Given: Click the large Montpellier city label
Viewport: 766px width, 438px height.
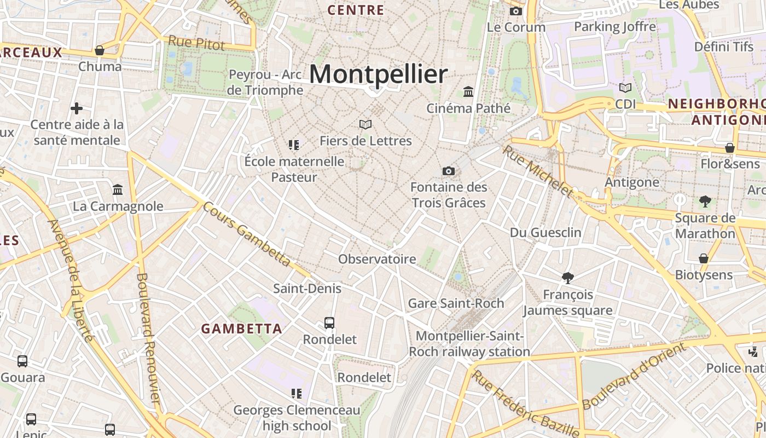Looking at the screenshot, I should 378,74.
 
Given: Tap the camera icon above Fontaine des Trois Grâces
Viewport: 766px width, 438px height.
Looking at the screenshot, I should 449,171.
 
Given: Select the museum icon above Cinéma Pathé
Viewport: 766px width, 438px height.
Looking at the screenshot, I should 468,91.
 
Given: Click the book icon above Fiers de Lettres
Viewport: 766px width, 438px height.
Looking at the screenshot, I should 365,125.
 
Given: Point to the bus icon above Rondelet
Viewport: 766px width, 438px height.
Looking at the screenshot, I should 329,323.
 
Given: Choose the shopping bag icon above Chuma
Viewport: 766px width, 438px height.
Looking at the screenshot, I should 100,50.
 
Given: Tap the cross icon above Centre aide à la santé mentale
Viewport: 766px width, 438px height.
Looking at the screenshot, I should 77,108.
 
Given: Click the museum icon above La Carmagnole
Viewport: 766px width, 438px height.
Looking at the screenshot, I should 118,190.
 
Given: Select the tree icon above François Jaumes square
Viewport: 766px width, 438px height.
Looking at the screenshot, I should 568,278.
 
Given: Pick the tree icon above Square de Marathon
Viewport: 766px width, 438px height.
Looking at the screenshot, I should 705,202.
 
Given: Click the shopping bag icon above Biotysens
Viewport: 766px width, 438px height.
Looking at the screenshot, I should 704,258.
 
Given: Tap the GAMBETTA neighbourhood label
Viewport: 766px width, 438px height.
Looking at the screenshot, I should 242,329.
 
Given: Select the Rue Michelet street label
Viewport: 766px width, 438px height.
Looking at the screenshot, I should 538,171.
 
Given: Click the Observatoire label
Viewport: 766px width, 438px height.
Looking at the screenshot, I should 377,259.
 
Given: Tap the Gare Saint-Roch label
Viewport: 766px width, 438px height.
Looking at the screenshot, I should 456,303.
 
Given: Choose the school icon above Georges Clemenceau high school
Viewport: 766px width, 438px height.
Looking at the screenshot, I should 297,394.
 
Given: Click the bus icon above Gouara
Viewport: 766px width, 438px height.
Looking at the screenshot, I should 22,361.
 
